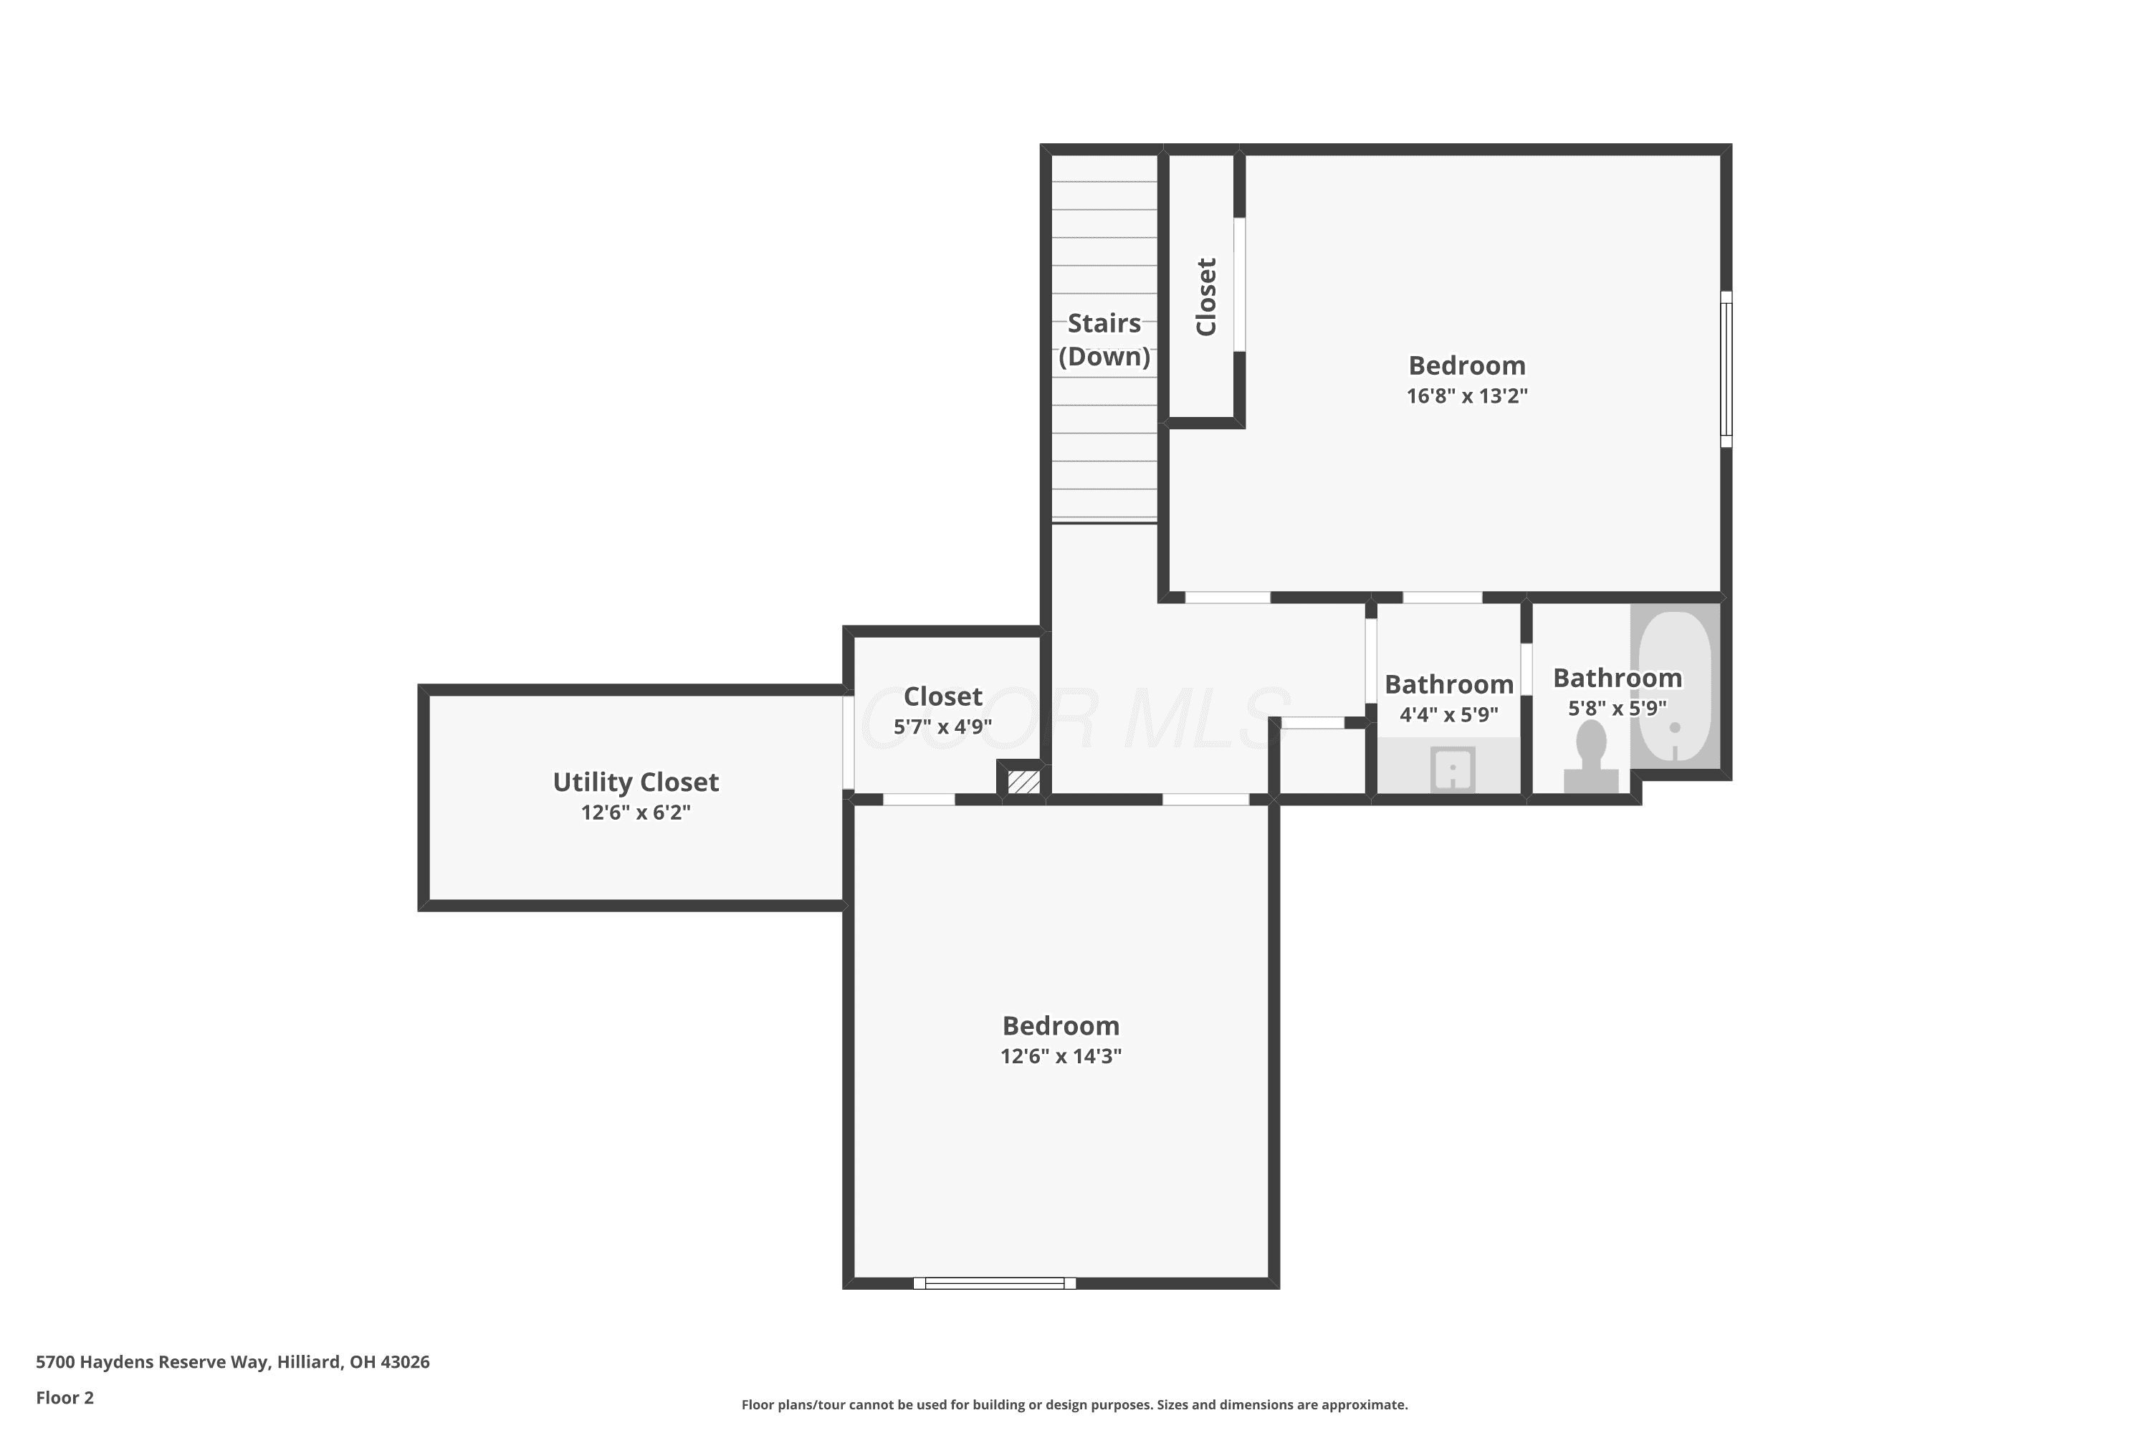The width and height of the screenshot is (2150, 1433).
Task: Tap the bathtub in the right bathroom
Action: pos(1675,686)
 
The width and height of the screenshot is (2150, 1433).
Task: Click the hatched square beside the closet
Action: pos(1024,782)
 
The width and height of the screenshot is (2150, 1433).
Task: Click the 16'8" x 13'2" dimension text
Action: pos(1466,396)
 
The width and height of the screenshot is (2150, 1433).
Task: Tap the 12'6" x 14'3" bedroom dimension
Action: pos(1061,1055)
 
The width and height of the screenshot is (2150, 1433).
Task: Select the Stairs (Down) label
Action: pos(1104,339)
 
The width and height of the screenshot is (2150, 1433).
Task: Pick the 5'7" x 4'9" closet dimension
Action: pos(942,727)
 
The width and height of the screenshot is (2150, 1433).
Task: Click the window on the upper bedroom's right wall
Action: pos(1726,369)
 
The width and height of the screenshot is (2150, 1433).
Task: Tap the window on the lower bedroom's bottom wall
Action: pos(995,1283)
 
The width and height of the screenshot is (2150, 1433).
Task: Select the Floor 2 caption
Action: pos(65,1397)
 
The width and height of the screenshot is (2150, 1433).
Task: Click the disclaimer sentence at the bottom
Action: pos(1074,1404)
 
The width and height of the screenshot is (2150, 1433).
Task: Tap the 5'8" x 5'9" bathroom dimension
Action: pos(1617,709)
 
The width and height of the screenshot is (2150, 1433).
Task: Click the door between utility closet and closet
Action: pos(849,742)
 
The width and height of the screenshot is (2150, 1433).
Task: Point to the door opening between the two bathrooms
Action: pos(1526,669)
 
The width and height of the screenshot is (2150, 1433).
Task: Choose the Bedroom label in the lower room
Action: pos(1061,1025)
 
